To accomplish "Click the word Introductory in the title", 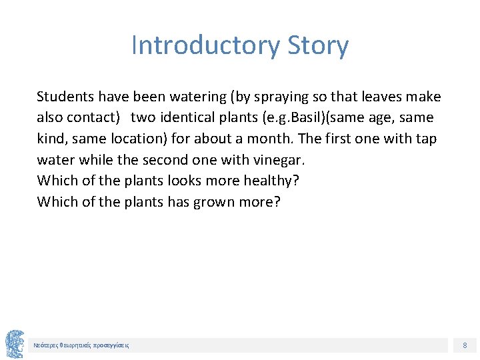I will (206, 45).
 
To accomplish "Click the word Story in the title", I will (318, 45).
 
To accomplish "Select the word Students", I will (65, 97).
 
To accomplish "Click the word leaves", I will (384, 97).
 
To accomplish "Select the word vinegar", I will (279, 160).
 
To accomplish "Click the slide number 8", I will (465, 345).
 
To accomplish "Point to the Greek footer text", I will (81, 345).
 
